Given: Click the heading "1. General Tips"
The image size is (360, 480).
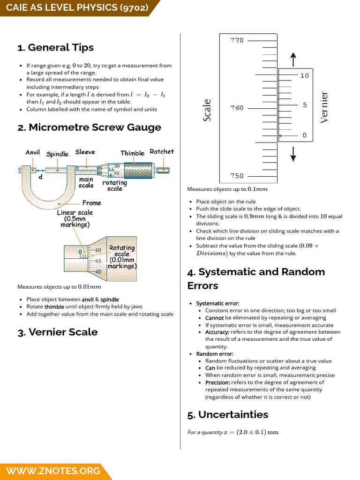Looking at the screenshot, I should click(x=55, y=47).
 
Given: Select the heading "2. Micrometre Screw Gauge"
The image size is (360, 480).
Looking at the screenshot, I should click(x=89, y=127).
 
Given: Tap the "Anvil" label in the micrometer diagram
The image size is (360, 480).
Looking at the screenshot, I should click(x=32, y=153).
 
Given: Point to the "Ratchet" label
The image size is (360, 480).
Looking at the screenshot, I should click(x=161, y=151).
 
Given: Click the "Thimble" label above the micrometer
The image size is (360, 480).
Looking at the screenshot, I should click(x=133, y=153).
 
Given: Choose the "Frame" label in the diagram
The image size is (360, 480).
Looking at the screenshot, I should click(x=91, y=203).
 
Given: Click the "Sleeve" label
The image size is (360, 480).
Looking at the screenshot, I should click(x=85, y=152).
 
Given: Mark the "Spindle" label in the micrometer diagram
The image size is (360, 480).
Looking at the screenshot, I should click(x=57, y=154).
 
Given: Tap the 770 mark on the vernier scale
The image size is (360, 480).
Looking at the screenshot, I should click(x=237, y=40).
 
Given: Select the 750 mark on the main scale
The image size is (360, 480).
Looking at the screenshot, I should click(x=237, y=176).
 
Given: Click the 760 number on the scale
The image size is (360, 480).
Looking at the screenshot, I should click(x=237, y=108).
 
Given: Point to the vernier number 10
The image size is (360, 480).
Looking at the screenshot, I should click(x=304, y=75).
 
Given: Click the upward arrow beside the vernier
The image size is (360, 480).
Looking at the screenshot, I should click(x=293, y=59).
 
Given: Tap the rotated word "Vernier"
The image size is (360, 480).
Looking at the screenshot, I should click(x=324, y=107).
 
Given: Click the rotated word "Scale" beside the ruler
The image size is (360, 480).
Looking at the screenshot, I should click(x=207, y=110).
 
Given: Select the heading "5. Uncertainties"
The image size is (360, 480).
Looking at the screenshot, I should click(x=227, y=414).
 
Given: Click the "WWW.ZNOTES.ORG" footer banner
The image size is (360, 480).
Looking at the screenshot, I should click(x=52, y=471).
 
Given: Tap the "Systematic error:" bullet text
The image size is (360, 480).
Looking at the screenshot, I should click(x=217, y=303).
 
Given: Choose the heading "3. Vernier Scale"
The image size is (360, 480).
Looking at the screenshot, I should click(x=57, y=332).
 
